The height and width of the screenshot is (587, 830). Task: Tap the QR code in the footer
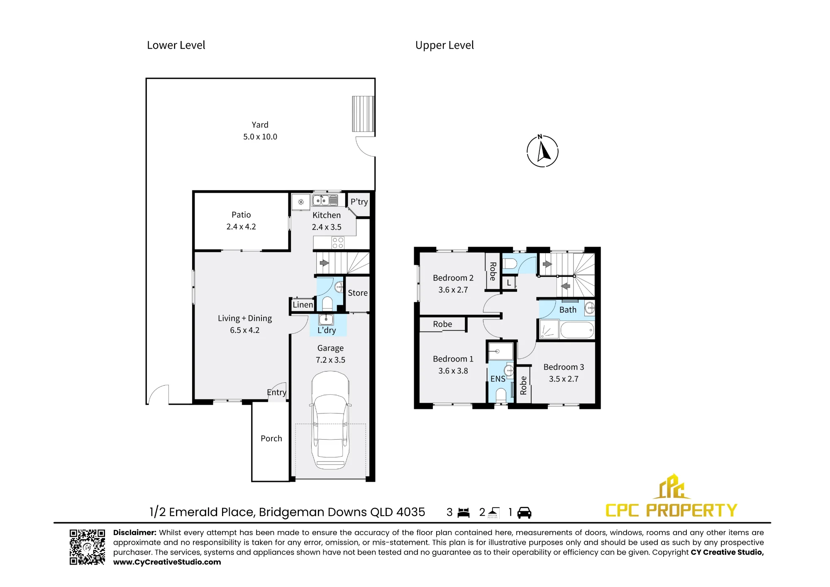(x=87, y=547)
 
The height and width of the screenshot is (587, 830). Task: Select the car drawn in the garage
(x=330, y=420)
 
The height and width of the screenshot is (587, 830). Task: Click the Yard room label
(x=260, y=125)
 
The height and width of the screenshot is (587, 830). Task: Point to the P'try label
(x=359, y=202)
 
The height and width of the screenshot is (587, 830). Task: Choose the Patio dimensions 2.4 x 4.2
(x=241, y=227)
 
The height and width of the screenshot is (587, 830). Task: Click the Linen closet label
(x=303, y=305)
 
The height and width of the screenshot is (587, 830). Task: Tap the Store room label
(x=358, y=293)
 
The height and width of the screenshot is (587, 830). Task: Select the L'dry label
(x=327, y=330)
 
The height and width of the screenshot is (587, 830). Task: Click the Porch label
(x=271, y=438)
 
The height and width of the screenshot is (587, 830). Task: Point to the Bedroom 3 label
(x=564, y=367)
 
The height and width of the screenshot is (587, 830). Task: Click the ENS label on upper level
(x=498, y=379)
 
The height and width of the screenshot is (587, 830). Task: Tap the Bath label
(x=568, y=310)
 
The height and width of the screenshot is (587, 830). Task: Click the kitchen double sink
(x=325, y=201)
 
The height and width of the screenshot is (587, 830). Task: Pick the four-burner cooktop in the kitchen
(x=338, y=243)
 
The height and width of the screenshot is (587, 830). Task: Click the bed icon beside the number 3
(x=464, y=513)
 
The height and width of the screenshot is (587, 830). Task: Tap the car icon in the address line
(x=525, y=513)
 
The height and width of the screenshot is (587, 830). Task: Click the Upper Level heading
(x=444, y=45)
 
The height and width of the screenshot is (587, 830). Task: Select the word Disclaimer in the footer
(x=134, y=533)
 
